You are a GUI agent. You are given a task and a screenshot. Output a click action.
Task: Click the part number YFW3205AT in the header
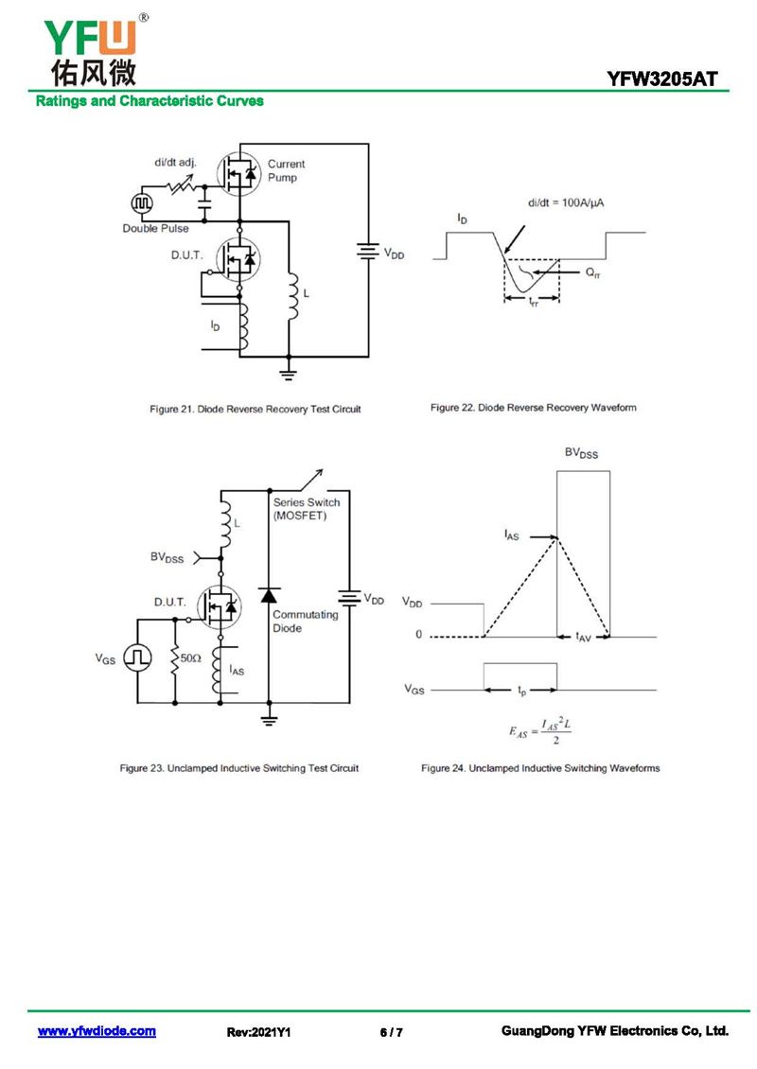click(662, 79)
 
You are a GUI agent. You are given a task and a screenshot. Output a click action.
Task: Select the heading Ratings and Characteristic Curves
click(150, 101)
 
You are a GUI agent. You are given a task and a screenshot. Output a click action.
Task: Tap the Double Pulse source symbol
click(142, 202)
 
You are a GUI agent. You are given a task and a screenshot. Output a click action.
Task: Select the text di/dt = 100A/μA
click(565, 202)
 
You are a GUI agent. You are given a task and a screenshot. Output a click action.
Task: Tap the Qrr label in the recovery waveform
click(592, 272)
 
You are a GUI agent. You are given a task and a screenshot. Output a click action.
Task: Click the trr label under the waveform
click(534, 302)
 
